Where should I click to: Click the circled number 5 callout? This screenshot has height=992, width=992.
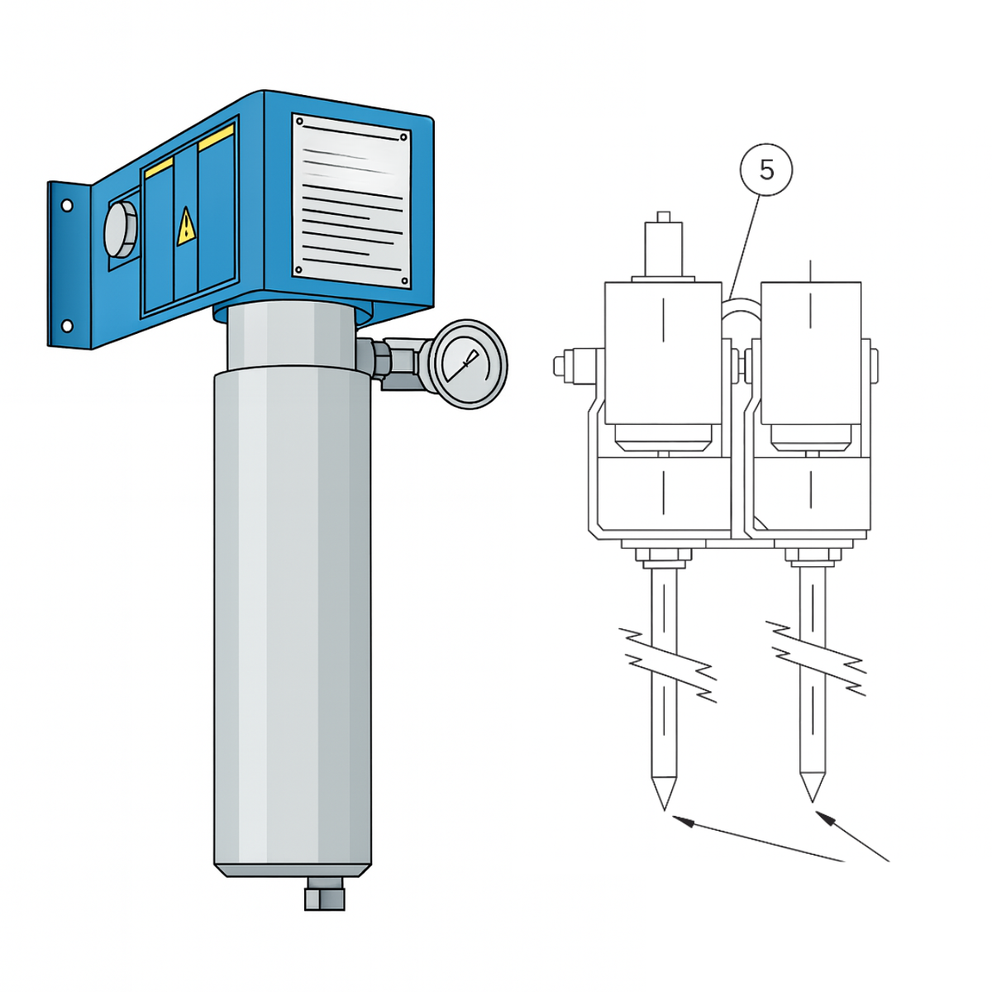(766, 169)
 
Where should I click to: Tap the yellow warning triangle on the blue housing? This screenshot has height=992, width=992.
(186, 227)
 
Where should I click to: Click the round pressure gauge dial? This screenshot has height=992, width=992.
(467, 365)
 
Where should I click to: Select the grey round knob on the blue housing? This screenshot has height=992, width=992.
(121, 229)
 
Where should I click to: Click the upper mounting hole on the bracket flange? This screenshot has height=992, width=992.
(67, 206)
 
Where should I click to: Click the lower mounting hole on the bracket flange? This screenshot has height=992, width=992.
(67, 326)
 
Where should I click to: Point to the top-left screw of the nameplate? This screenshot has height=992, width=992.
(299, 122)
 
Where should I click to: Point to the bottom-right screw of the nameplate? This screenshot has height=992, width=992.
(404, 281)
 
